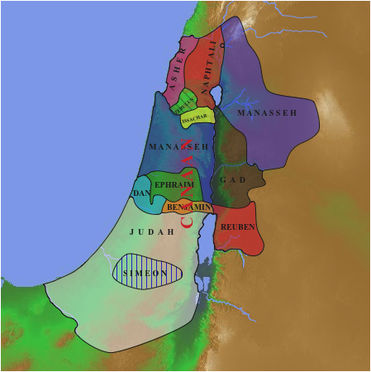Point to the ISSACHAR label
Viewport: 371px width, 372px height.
[196, 117]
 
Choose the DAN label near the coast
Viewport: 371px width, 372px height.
[140, 193]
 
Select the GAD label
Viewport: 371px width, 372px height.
[233, 180]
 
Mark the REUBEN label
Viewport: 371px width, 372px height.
[237, 227]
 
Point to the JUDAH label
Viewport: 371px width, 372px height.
[152, 232]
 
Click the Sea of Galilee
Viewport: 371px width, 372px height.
[218, 98]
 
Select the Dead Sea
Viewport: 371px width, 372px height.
[206, 248]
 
